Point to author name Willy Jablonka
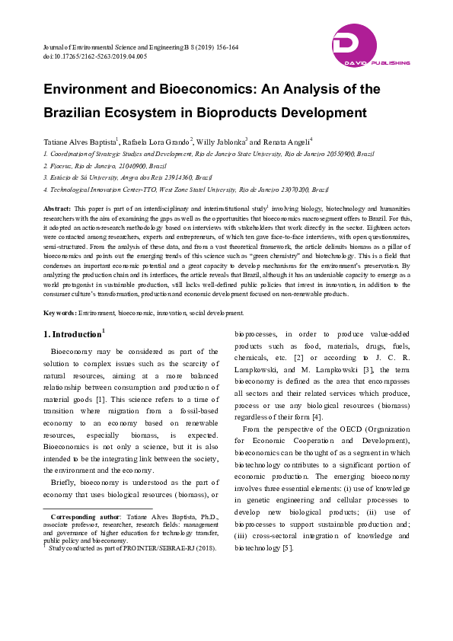[220, 142]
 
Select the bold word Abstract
[57, 208]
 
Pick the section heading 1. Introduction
[72, 335]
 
